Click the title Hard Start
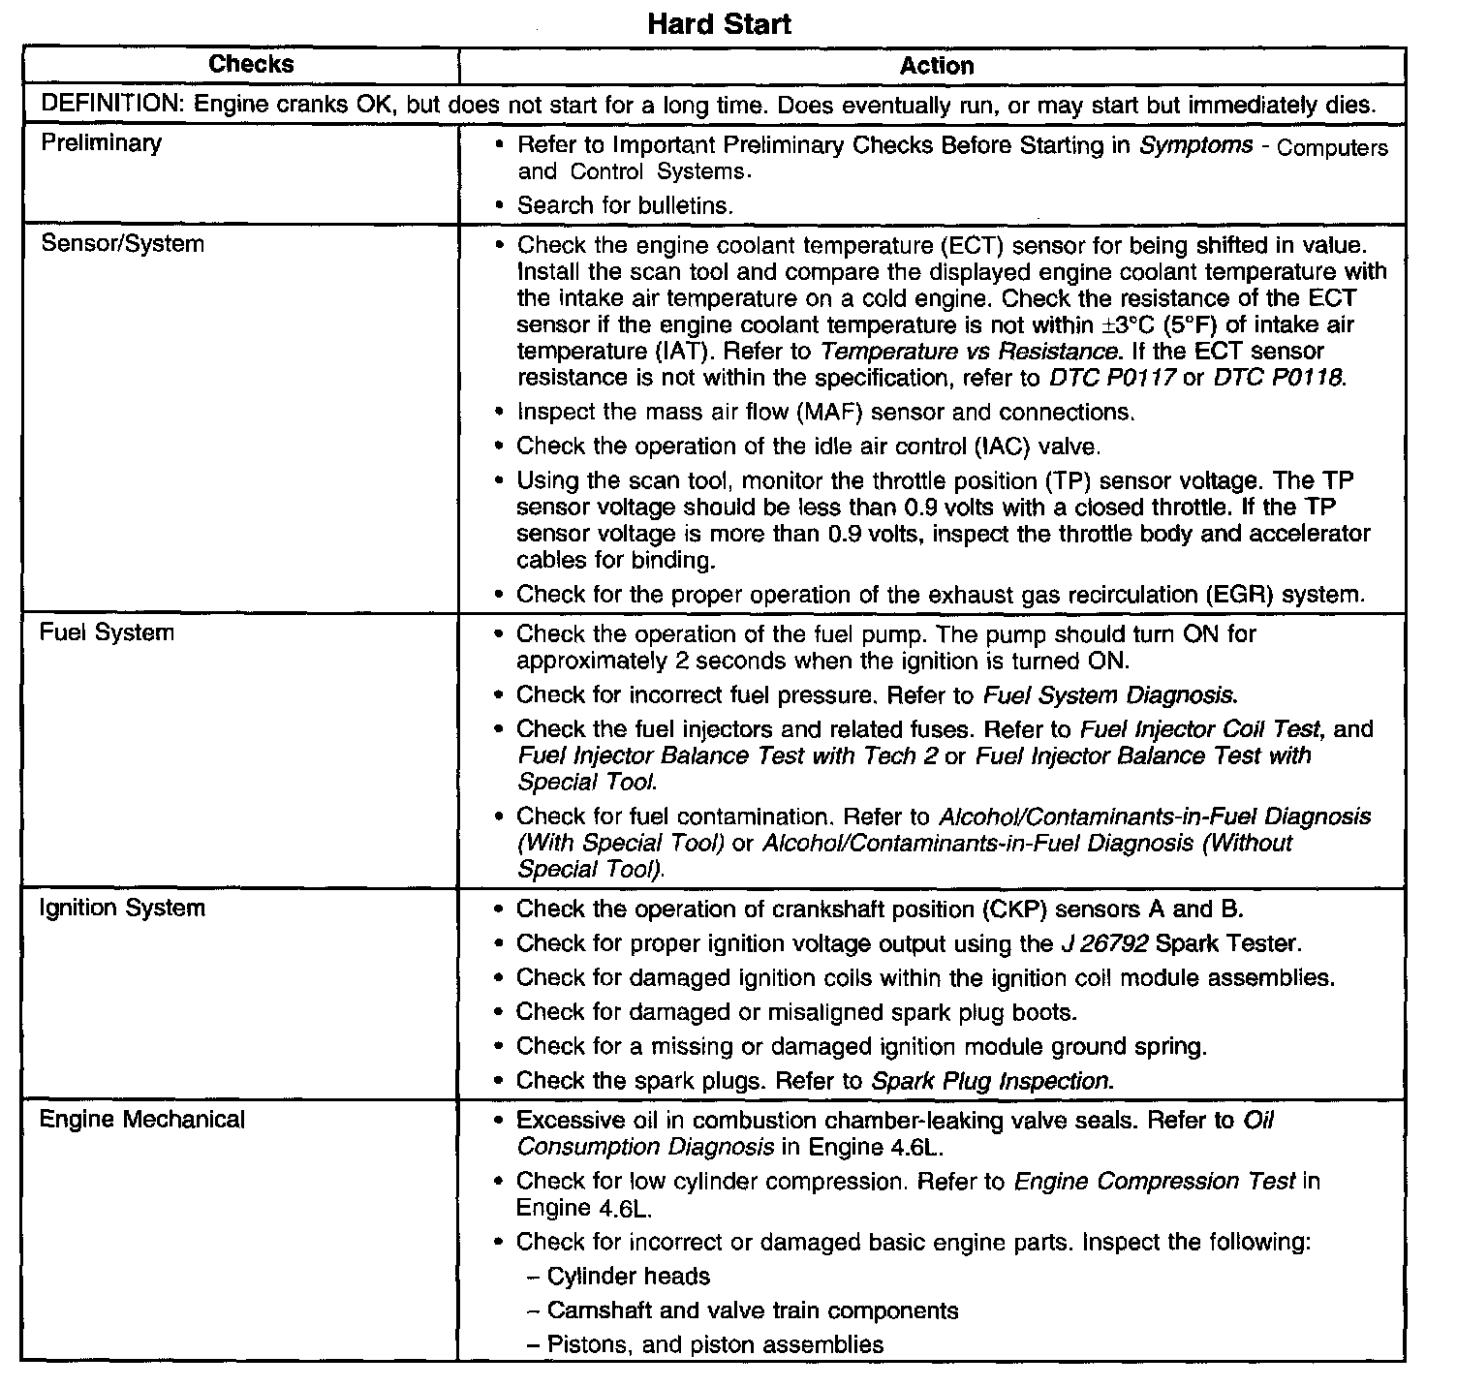[x=719, y=23]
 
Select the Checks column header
[x=251, y=65]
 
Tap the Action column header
[x=936, y=66]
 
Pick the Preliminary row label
[x=101, y=143]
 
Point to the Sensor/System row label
[x=122, y=243]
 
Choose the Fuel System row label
[x=107, y=632]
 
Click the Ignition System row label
[x=122, y=908]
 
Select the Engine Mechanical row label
[x=141, y=1120]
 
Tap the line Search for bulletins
[x=625, y=205]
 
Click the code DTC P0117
[x=1113, y=377]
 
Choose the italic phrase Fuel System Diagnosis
[x=1109, y=694]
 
